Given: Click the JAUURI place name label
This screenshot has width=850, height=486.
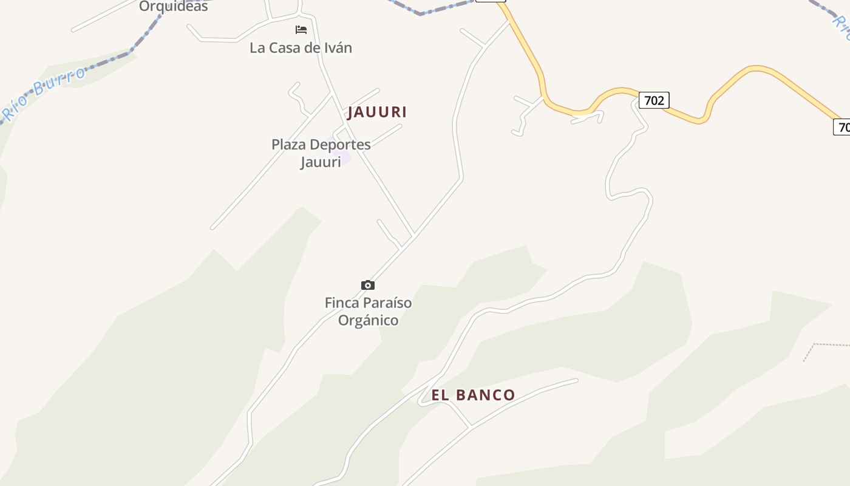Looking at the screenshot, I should [376, 112].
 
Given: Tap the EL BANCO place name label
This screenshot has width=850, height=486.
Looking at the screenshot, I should [473, 395].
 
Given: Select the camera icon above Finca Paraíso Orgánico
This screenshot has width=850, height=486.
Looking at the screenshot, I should [367, 285].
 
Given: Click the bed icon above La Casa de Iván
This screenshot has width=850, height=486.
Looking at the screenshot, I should [301, 30].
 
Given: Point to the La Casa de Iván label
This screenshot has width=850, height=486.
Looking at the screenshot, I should [301, 48].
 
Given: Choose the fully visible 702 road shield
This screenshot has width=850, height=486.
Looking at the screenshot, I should [654, 100].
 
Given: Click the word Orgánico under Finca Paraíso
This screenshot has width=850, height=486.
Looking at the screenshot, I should [368, 320].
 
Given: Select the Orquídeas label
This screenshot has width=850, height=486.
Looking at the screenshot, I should [173, 7].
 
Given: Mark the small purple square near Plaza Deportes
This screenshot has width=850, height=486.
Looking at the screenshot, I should [345, 158].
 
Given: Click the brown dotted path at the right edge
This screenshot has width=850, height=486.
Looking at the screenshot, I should [826, 345].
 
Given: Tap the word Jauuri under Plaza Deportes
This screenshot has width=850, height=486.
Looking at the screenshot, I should [321, 162].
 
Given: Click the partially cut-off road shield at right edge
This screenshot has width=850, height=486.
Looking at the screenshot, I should [843, 127].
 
